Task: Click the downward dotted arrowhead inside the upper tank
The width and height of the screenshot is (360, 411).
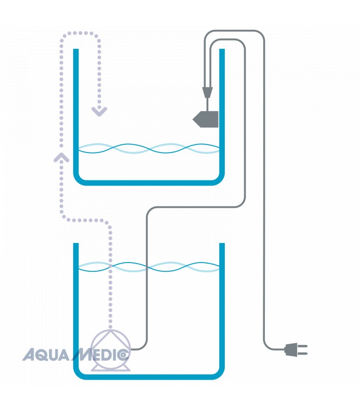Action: point(99,111)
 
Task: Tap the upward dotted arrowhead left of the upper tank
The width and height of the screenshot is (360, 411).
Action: point(61,156)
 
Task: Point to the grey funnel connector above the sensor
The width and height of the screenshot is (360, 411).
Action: point(207,93)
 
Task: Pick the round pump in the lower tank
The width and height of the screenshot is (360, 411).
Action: point(111,348)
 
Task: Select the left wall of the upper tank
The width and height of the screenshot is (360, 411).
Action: point(76,113)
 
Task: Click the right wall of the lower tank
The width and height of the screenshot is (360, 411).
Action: point(222,308)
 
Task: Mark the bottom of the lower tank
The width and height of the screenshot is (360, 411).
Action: point(149,377)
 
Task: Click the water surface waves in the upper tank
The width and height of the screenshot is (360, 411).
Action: point(149,148)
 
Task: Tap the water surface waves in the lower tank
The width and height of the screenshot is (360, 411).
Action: point(149,267)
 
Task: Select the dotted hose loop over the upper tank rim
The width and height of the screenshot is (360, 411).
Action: point(80,34)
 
